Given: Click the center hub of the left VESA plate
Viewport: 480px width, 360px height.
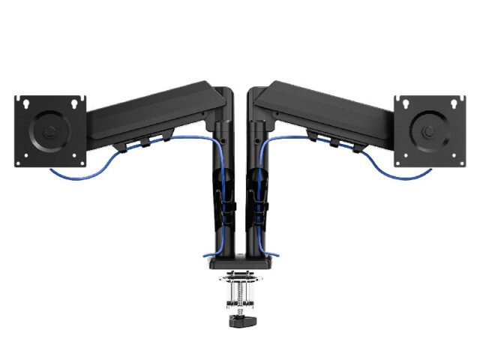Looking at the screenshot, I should pos(49,130).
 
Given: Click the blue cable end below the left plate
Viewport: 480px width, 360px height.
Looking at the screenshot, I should pos(54,173).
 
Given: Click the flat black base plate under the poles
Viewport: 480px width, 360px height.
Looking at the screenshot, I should pos(240,262).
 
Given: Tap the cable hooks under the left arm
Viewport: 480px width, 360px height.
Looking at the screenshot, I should pos(150,139).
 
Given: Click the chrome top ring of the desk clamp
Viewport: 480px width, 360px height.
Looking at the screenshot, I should pos(240,275).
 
